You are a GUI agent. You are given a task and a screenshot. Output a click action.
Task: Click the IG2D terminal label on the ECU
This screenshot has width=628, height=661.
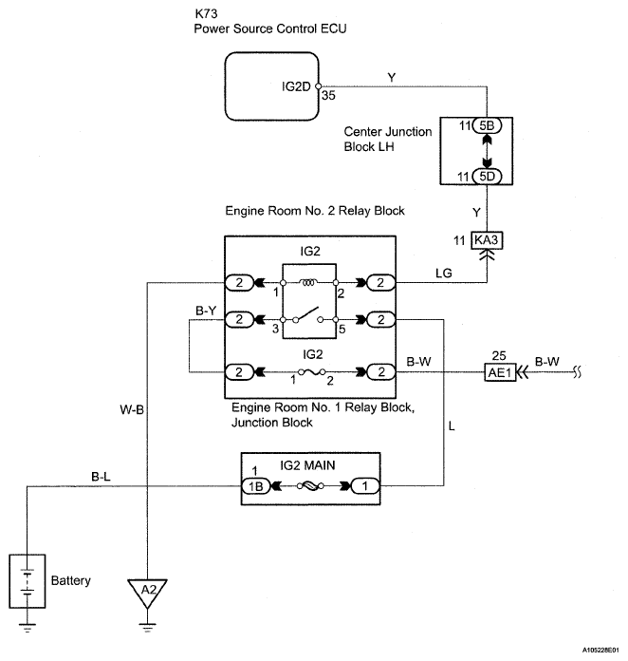296,86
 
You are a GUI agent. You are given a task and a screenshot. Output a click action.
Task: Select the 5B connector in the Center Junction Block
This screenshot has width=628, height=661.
487,125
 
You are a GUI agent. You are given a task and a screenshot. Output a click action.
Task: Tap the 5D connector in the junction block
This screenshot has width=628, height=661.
487,177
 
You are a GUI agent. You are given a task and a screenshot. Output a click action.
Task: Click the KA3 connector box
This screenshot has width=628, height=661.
487,240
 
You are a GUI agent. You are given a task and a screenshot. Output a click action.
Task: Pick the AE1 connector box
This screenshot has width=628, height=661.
500,372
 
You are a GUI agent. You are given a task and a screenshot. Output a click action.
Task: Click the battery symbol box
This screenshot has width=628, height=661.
28,581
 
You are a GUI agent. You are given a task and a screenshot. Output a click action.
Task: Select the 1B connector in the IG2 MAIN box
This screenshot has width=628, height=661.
255,486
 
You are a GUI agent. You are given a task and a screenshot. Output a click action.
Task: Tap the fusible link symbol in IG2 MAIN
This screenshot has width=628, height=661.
310,486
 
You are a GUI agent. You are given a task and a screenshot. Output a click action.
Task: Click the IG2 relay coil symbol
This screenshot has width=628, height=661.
308,282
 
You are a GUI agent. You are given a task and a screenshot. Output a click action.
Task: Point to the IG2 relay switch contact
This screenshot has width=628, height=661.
308,315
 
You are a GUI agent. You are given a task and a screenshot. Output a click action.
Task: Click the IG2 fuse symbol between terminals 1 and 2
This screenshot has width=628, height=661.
312,372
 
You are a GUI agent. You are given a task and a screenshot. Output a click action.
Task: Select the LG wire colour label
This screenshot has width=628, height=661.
444,274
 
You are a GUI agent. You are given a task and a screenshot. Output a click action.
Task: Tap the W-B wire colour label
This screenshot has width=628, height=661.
132,409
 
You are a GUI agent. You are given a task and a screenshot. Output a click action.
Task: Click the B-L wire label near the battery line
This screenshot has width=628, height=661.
102,477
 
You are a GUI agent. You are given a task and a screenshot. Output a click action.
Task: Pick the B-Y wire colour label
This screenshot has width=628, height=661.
206,311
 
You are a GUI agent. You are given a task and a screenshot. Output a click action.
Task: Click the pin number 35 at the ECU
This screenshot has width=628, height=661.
328,96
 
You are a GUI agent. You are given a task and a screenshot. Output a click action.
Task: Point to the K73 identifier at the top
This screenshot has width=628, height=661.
206,13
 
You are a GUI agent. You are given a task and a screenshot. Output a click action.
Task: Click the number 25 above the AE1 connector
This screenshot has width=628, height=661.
499,356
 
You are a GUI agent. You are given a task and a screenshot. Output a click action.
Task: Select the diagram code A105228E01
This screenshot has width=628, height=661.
600,650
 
